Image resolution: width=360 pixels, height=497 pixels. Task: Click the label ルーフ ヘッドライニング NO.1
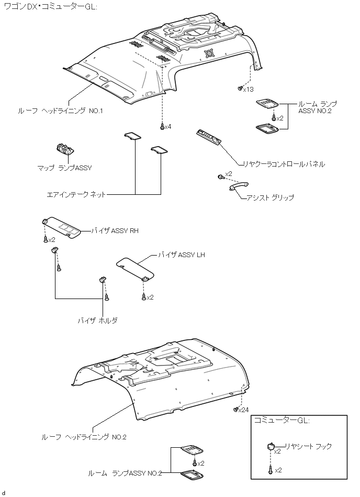tap(61, 111)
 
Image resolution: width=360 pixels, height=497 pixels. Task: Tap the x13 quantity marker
tap(248, 90)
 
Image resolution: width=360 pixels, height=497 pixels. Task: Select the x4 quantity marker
tap(167, 127)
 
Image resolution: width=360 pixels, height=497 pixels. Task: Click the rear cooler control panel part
tap(209, 137)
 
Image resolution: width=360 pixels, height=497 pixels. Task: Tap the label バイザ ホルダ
tap(97, 320)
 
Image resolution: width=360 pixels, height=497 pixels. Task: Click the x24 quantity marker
tap(243, 410)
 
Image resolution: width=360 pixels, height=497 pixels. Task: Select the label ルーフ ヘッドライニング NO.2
tap(84, 436)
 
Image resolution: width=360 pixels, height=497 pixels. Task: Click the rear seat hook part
tap(271, 446)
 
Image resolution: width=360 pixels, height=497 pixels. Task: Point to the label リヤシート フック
tap(308, 446)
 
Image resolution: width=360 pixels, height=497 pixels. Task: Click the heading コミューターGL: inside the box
tap(282, 421)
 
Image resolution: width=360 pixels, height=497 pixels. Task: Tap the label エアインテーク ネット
tap(76, 194)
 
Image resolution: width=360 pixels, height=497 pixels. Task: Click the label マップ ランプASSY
tap(65, 168)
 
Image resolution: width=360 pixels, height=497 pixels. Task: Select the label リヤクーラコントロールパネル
tap(280, 164)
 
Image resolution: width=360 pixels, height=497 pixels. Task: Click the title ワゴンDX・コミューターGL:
tap(50, 7)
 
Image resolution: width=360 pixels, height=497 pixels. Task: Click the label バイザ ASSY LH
tap(183, 255)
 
